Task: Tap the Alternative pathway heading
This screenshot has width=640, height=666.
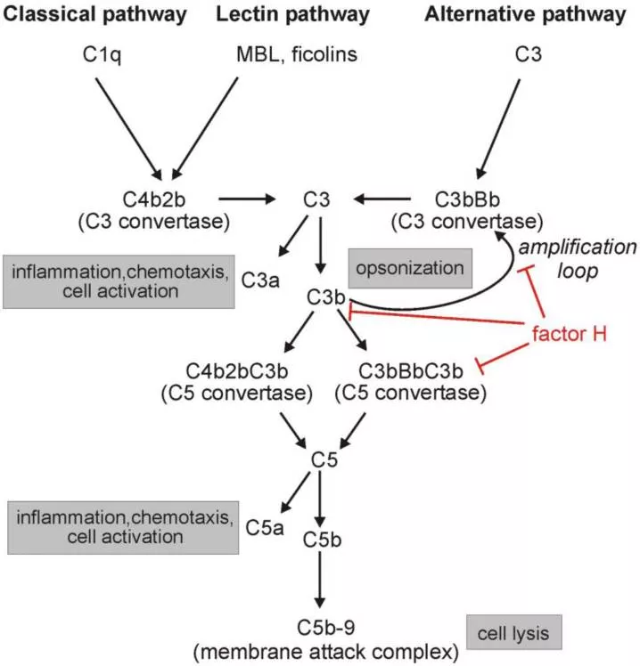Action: pyautogui.click(x=525, y=15)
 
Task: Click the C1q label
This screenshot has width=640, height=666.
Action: pyautogui.click(x=98, y=56)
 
